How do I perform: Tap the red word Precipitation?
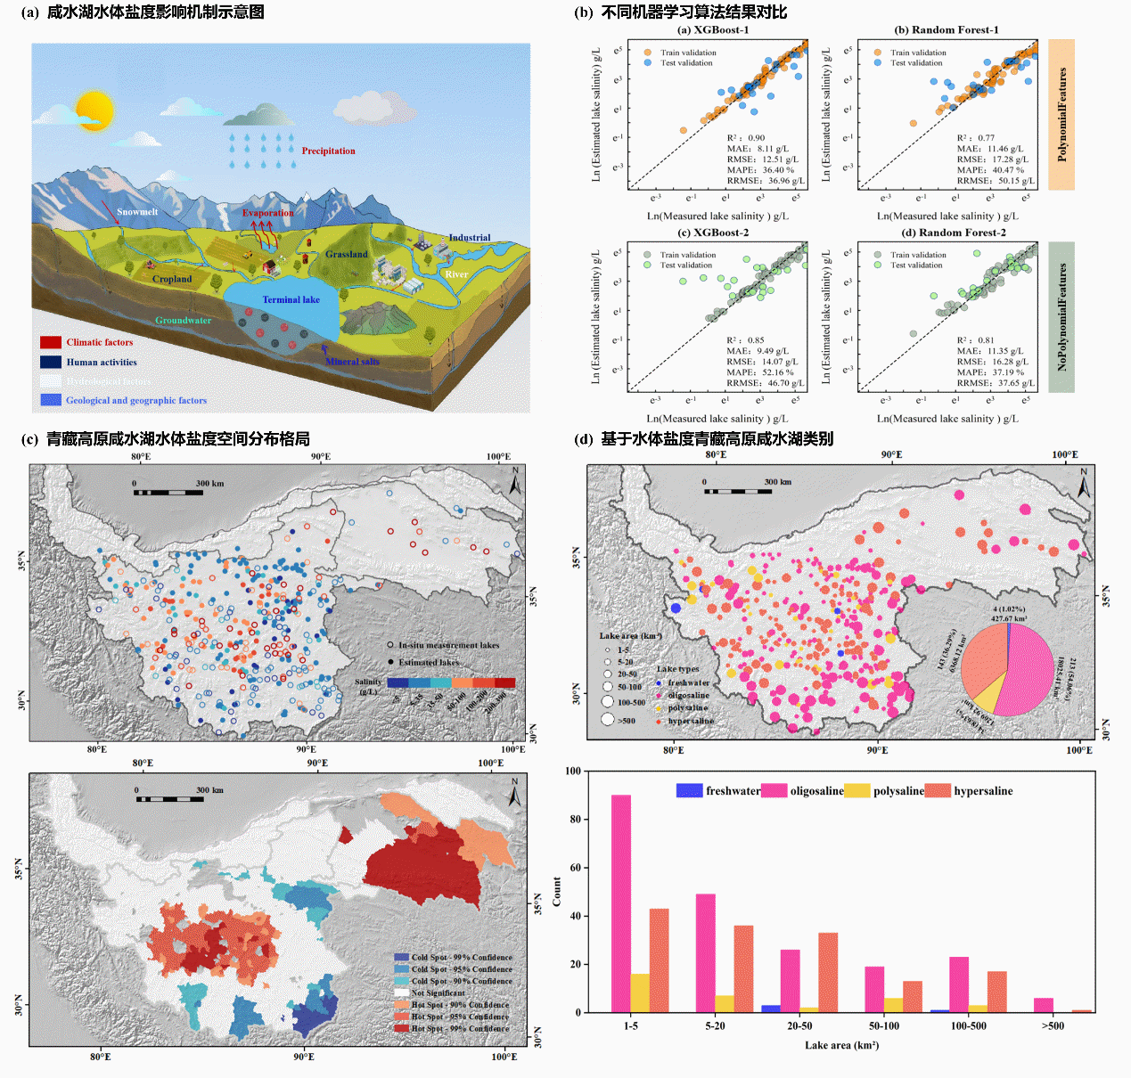point(328,151)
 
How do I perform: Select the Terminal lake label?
point(291,299)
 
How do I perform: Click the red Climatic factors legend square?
point(51,342)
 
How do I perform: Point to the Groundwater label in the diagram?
point(184,320)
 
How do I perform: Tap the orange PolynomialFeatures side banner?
point(1061,114)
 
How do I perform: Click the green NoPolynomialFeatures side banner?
point(1061,317)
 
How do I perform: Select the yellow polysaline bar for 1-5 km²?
point(640,992)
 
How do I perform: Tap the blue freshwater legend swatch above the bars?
point(689,790)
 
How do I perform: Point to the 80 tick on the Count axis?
point(575,819)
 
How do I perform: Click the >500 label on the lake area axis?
point(1053,1025)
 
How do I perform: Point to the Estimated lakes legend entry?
point(428,662)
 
